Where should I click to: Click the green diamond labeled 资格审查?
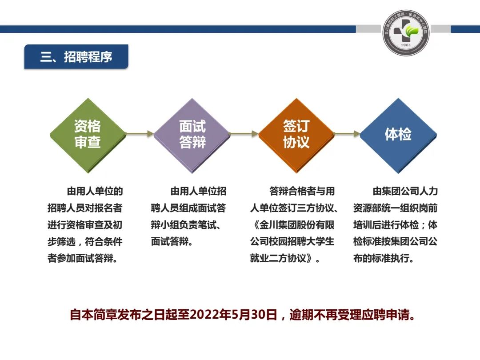tap(88, 135)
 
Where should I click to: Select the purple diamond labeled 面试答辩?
tap(192, 135)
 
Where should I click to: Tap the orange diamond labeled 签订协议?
tap(296, 135)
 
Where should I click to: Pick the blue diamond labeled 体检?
tap(398, 135)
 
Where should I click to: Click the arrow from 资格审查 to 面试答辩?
tap(140, 133)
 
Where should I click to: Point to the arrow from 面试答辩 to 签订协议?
tap(244, 133)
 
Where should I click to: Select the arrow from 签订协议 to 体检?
tap(347, 133)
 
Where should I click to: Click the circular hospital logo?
tap(406, 32)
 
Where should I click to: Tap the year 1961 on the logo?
tap(406, 45)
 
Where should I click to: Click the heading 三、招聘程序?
tap(76, 57)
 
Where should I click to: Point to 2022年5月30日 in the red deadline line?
tap(234, 315)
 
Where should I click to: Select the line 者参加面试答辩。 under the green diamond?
tap(82, 258)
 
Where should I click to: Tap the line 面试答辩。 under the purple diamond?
tap(172, 241)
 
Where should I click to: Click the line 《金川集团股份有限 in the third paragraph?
tap(293, 225)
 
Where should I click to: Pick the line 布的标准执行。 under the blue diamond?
tap(384, 258)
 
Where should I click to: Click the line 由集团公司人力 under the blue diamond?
tap(405, 191)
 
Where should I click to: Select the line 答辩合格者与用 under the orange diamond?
tap(302, 191)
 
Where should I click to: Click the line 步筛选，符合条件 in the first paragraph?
tap(85, 241)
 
